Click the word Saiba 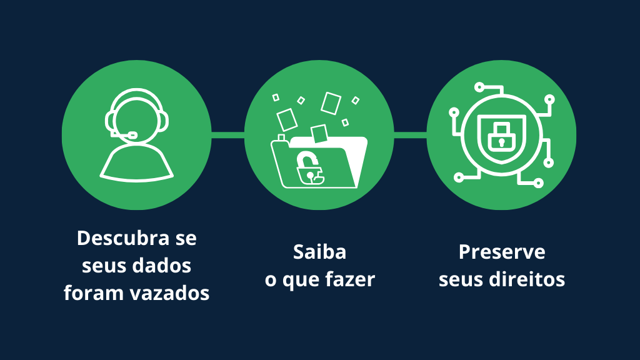pos(319,252)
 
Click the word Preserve pos(501,252)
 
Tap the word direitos pos(533,279)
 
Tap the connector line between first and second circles pos(227,134)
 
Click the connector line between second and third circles pos(410,134)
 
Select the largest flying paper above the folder pos(331,102)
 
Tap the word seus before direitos pos(460,279)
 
